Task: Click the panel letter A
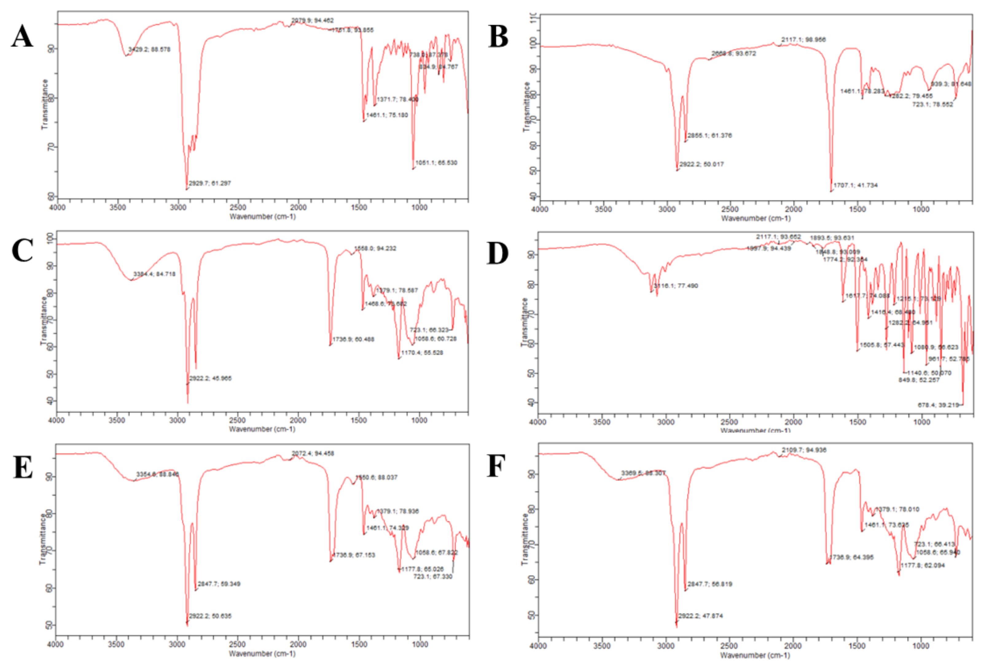tap(22, 37)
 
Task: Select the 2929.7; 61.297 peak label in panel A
tap(210, 183)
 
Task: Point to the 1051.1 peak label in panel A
tap(436, 163)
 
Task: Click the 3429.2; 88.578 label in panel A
tap(149, 49)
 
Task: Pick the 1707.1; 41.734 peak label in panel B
tap(855, 185)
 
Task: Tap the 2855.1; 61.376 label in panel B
tap(709, 136)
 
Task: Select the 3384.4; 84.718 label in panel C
tap(154, 274)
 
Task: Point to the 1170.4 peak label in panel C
tap(422, 353)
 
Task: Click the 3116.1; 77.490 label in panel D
tap(676, 286)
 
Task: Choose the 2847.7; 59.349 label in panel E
tap(219, 584)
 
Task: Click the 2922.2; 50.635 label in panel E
tap(210, 616)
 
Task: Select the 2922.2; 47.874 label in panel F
tap(701, 616)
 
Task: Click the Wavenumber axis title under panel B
tap(756, 218)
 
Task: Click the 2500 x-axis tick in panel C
tap(237, 420)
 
